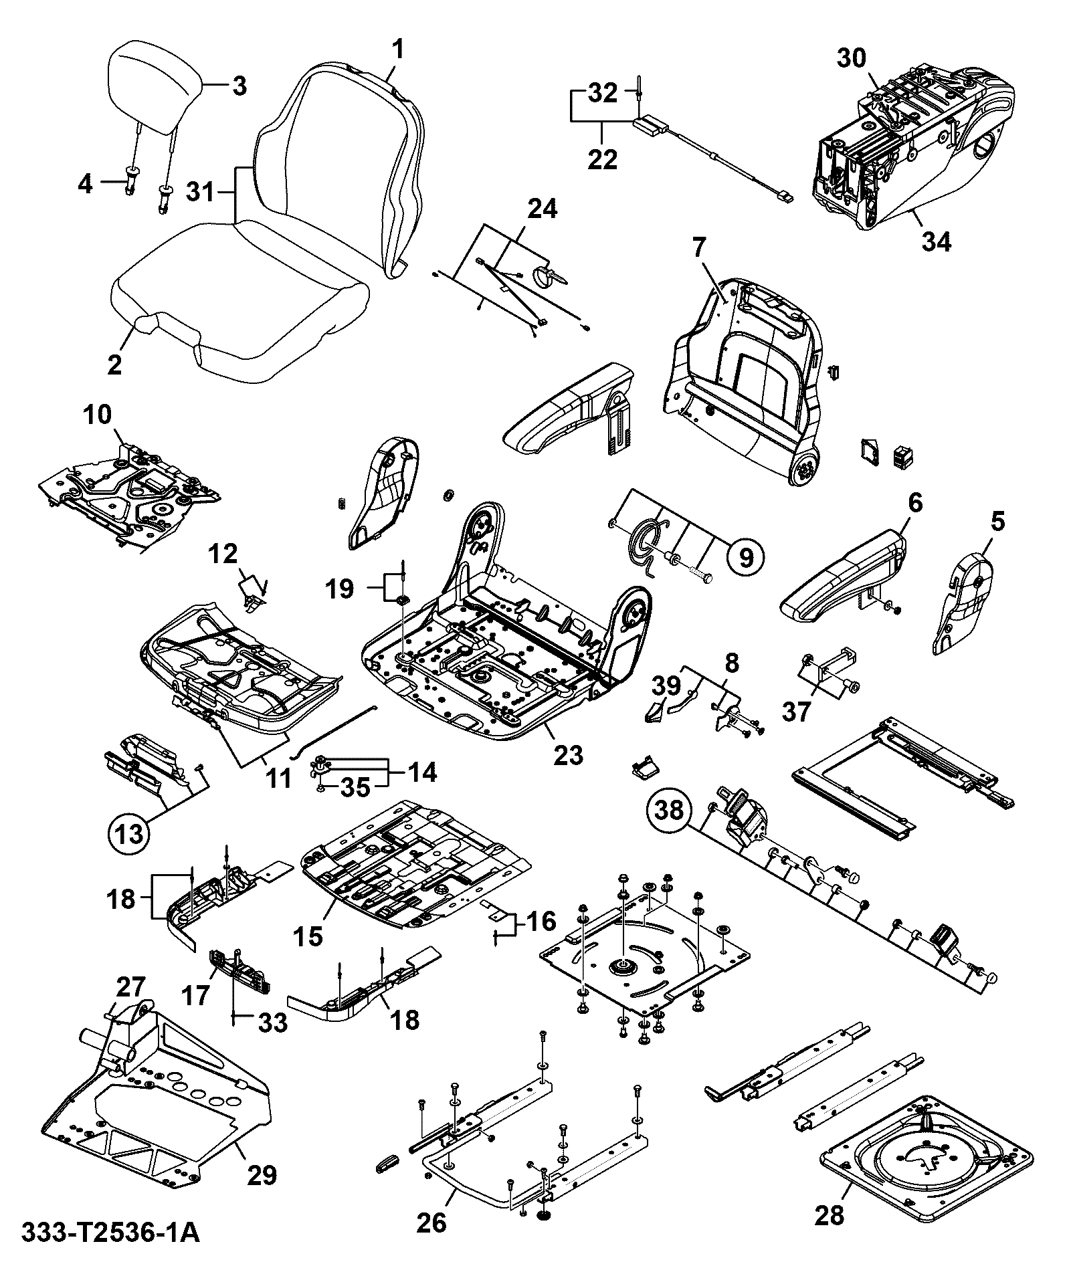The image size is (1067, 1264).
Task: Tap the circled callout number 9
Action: [x=746, y=555]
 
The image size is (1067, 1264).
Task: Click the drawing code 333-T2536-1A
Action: [x=111, y=1233]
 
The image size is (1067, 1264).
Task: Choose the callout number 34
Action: [x=936, y=242]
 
